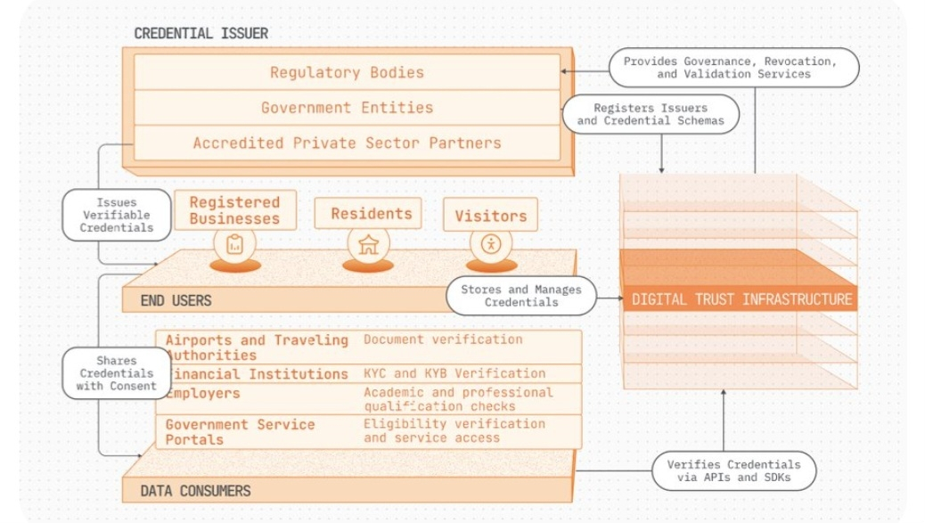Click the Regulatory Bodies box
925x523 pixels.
(347, 72)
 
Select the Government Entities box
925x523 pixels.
(347, 108)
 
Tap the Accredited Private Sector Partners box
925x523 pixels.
(347, 143)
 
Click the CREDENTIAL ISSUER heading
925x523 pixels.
(201, 34)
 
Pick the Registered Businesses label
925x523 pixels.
(234, 210)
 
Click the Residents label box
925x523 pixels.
(371, 214)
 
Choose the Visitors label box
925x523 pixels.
(490, 216)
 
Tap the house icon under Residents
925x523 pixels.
(368, 246)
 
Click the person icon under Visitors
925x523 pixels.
(490, 244)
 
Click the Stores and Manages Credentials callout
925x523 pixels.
(520, 296)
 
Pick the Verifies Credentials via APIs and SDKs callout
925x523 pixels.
(733, 471)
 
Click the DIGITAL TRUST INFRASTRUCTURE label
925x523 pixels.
(741, 299)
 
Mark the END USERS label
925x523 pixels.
(176, 301)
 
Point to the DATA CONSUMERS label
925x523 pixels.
(195, 491)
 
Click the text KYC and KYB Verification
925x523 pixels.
(454, 373)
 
